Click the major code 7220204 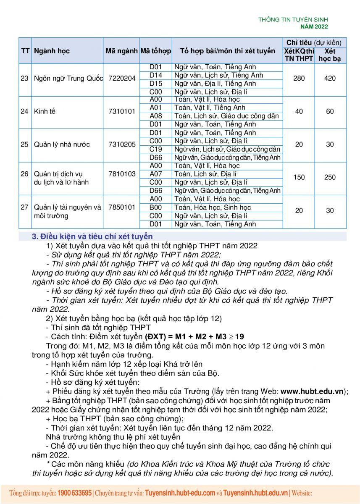point(122,79)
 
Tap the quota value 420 point(330,79)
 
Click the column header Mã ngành point(122,51)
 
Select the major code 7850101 point(122,207)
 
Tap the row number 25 point(24,144)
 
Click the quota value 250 point(330,177)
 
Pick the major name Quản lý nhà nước point(61,144)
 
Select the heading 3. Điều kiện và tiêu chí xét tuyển point(92,236)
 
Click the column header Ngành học point(52,51)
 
